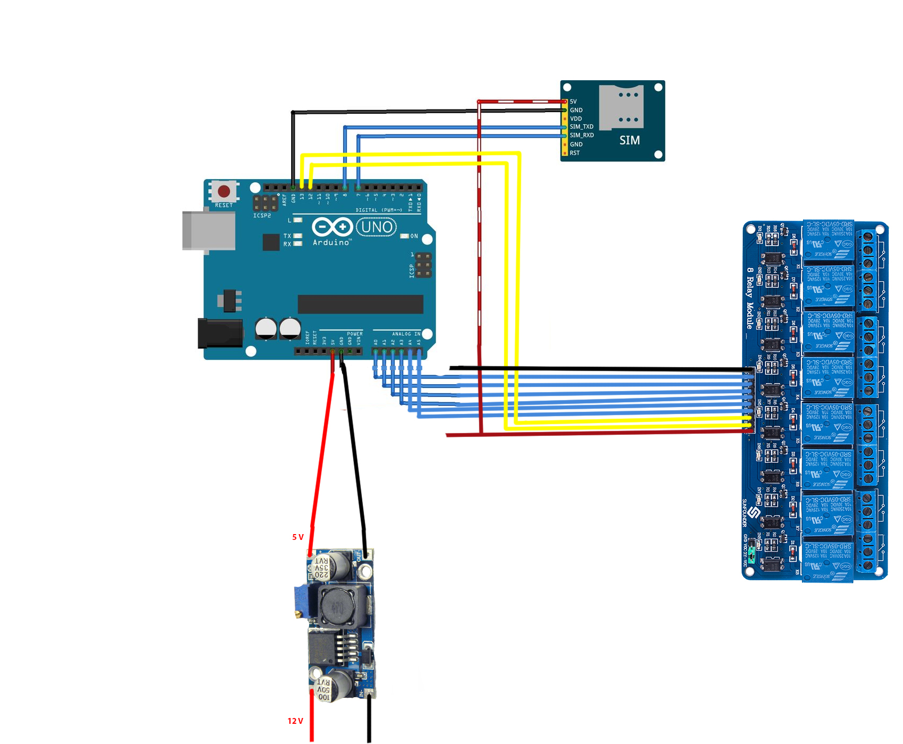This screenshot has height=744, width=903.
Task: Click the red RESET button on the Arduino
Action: pos(224,191)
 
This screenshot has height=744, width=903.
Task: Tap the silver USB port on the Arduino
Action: pos(208,231)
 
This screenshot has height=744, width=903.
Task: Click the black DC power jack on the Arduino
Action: pos(220,333)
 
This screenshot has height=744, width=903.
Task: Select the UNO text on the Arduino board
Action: pos(377,227)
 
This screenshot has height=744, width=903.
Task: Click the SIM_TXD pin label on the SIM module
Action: pos(581,127)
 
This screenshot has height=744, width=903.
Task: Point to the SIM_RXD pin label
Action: pos(582,136)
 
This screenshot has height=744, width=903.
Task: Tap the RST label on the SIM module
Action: pos(575,153)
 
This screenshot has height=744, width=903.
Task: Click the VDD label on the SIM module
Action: pos(576,119)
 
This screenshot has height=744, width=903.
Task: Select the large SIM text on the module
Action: pos(629,140)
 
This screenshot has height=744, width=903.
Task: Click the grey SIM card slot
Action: pos(621,106)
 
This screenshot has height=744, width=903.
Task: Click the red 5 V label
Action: pos(298,537)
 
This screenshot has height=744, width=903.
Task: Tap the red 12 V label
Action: pos(295,721)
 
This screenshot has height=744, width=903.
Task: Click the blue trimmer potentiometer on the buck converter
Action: pos(304,601)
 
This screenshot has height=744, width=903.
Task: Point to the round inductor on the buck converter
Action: pos(336,606)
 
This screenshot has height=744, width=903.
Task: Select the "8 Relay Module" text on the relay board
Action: pos(749,298)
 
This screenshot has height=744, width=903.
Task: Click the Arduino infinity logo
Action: pos(333,227)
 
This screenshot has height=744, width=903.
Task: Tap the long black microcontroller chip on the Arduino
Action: pos(360,305)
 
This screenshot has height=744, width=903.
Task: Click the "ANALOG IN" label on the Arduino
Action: pos(406,334)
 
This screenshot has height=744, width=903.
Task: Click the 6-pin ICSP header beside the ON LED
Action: pos(423,265)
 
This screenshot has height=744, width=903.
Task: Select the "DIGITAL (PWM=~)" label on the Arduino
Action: pos(379,210)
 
